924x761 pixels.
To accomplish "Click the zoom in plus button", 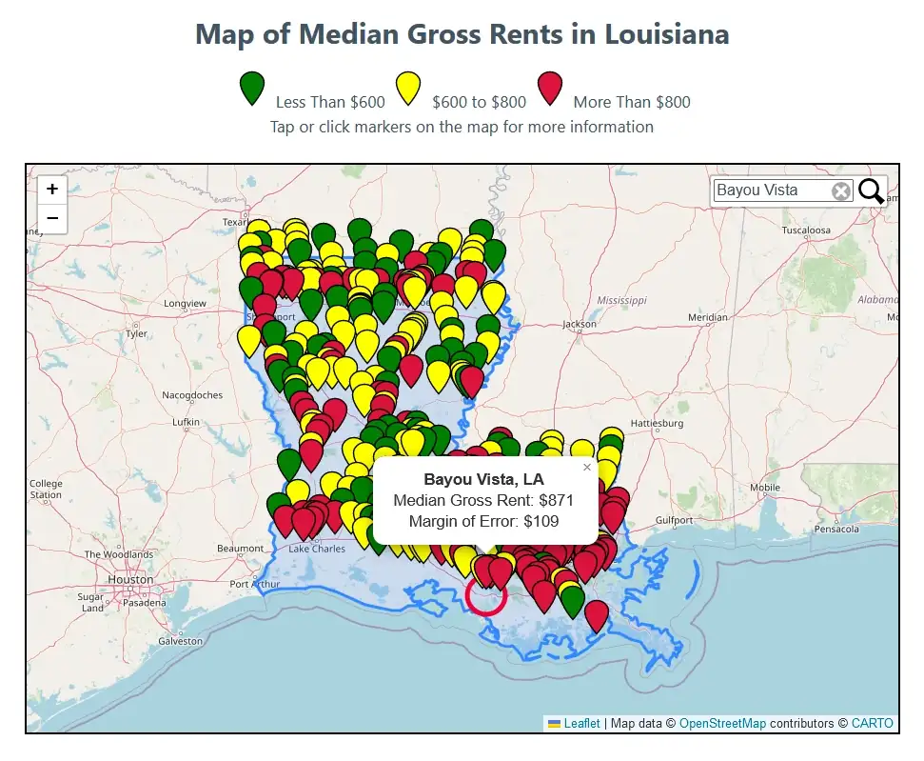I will pyautogui.click(x=52, y=190).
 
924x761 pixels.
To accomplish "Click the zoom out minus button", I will pyautogui.click(x=52, y=219).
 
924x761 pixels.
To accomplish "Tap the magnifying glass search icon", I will pyautogui.click(x=871, y=191).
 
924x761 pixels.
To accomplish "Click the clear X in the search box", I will pyautogui.click(x=841, y=191).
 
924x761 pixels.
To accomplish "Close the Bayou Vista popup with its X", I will pyautogui.click(x=587, y=467).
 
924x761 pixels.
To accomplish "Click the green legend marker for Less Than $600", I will pyautogui.click(x=252, y=88).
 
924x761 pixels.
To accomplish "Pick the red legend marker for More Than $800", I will pyautogui.click(x=550, y=88).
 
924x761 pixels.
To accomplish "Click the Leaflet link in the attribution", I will pyautogui.click(x=581, y=723).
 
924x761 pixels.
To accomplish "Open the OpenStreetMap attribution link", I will pyautogui.click(x=722, y=723).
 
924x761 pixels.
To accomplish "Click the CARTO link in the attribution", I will pyautogui.click(x=873, y=723).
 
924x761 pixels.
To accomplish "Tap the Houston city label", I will pyautogui.click(x=130, y=579).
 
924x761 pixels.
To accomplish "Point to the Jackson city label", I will pyautogui.click(x=580, y=324).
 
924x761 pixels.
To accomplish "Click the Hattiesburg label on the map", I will pyautogui.click(x=658, y=423).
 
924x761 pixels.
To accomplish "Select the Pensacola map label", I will pyautogui.click(x=836, y=530).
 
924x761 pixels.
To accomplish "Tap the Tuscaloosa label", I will pyautogui.click(x=806, y=230).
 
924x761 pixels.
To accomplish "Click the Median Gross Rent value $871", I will pyautogui.click(x=556, y=500).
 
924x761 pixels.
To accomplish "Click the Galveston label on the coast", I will pyautogui.click(x=180, y=641).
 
